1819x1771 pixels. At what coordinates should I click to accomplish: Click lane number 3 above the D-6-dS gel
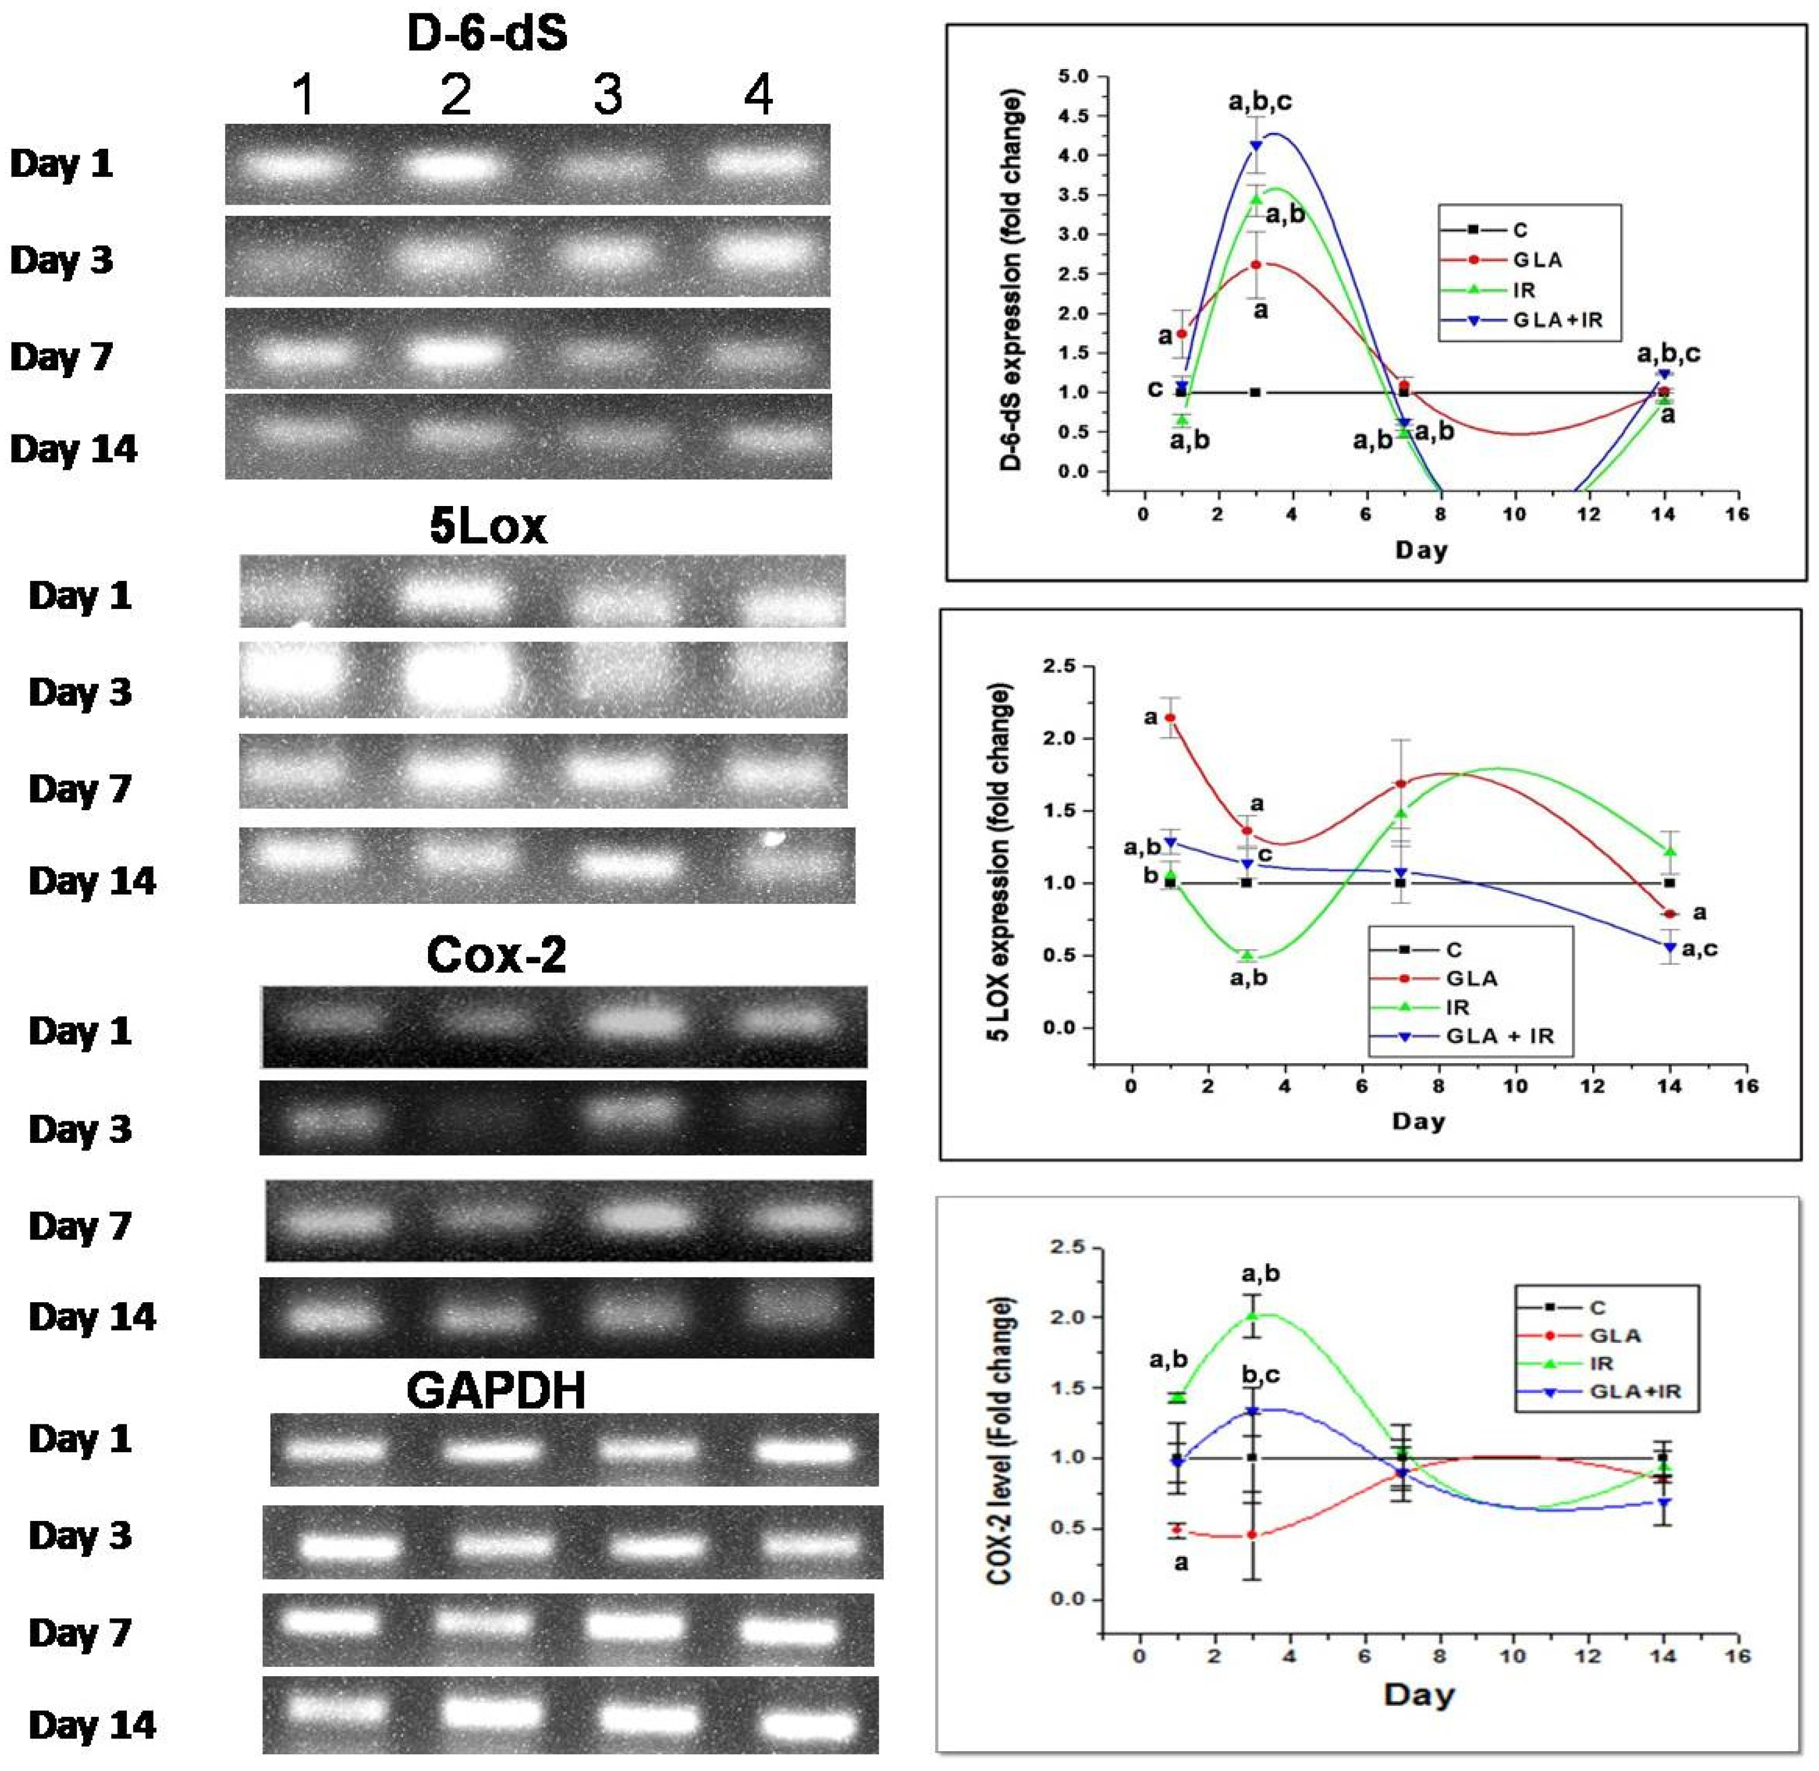607,95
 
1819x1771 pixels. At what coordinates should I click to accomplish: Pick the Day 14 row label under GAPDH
92,1726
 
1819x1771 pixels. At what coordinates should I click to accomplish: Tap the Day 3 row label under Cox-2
80,1129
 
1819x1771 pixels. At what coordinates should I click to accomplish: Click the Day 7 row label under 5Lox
80,789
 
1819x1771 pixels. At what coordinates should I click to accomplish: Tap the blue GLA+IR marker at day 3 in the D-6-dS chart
1256,145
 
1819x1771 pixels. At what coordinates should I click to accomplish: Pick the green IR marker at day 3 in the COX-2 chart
1253,1315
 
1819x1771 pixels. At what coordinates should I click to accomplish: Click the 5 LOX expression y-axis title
999,863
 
